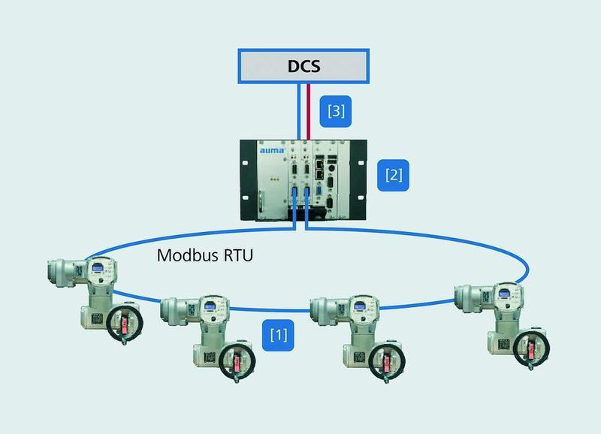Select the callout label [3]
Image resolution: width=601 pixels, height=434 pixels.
click(336, 111)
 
